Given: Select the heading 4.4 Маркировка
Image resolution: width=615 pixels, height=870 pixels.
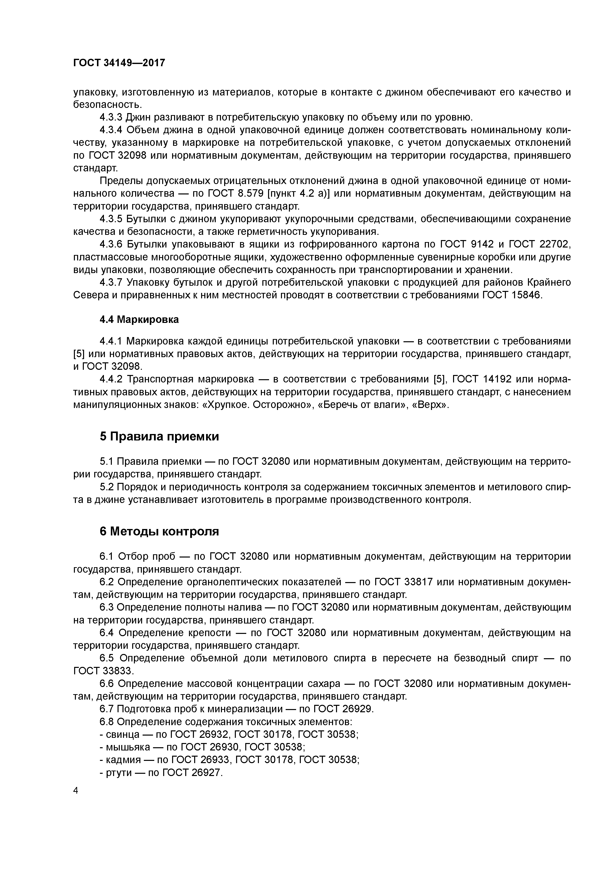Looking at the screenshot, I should pyautogui.click(x=139, y=319).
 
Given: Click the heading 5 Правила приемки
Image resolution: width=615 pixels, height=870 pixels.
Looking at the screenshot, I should pyautogui.click(x=159, y=436).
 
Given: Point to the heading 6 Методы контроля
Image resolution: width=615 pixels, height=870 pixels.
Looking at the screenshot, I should pyautogui.click(x=159, y=531).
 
